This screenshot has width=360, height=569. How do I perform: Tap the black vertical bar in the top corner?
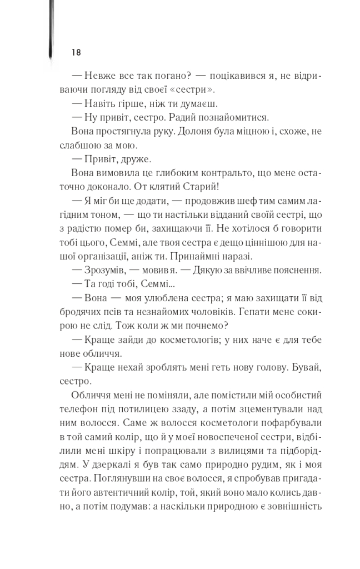click(51, 28)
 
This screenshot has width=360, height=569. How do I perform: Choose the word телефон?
click(90, 411)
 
